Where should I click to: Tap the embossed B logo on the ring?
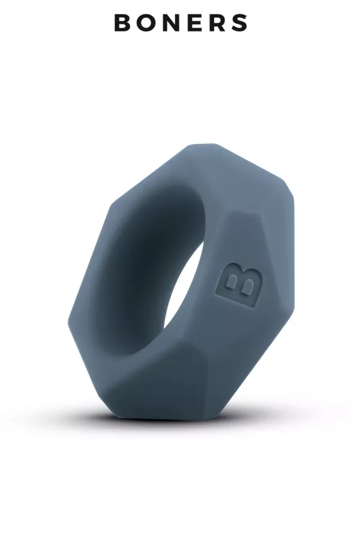click(x=238, y=285)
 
